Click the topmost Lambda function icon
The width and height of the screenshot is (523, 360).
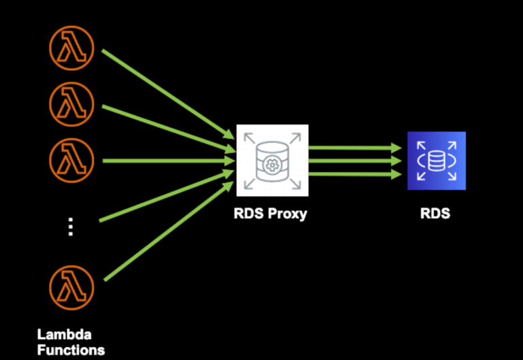pyautogui.click(x=72, y=46)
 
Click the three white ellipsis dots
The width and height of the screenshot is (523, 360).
pyautogui.click(x=71, y=226)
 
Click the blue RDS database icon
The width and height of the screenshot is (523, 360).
pyautogui.click(x=436, y=161)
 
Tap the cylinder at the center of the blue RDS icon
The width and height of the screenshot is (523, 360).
pyautogui.click(x=436, y=161)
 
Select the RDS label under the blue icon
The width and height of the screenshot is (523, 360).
pyautogui.click(x=436, y=214)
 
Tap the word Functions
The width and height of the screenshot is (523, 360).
pyautogui.click(x=72, y=350)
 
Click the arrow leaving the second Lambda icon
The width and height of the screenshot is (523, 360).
pyautogui.click(x=163, y=126)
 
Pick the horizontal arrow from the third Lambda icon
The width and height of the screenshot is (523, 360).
pyautogui.click(x=163, y=161)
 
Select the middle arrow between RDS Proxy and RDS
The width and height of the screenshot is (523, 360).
pyautogui.click(x=354, y=161)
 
